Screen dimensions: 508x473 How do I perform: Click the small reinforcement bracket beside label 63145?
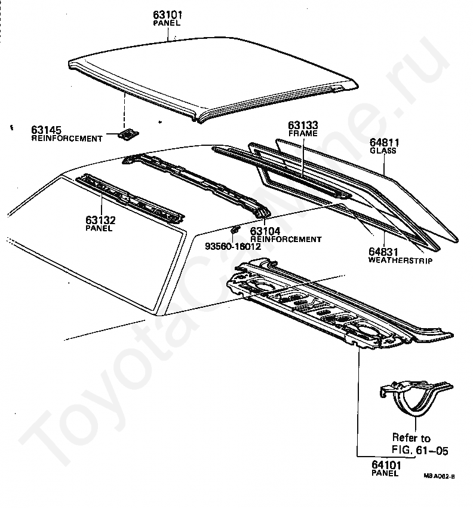[x=126, y=134]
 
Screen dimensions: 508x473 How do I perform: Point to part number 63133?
[x=302, y=126]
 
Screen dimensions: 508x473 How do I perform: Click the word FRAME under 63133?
[x=302, y=134]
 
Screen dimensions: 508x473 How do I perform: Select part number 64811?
[x=384, y=143]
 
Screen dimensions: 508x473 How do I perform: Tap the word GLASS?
[x=384, y=151]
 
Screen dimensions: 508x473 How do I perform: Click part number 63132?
[x=100, y=221]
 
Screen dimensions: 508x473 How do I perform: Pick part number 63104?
[x=265, y=231]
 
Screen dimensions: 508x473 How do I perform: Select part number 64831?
[x=383, y=253]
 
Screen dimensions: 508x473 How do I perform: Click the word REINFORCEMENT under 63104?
[x=285, y=239]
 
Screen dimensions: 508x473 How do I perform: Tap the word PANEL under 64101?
[x=385, y=473]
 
